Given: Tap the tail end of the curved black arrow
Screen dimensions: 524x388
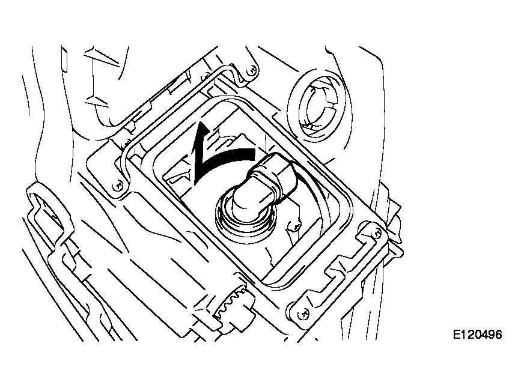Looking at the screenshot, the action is point(254,154).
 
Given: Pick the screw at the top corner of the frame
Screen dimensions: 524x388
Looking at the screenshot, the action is point(252,70).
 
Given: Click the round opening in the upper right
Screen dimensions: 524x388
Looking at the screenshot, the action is point(318,106).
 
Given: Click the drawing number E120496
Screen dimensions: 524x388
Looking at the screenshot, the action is point(477,334).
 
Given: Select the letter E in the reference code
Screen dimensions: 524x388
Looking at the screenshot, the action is point(457,334).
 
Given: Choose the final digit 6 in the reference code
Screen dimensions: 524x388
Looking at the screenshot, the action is point(499,334).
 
